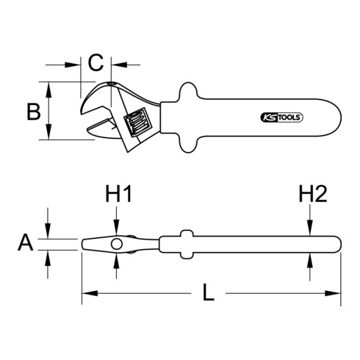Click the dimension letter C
point(96,62)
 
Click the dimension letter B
point(32,112)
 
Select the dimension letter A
point(26,243)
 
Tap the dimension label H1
point(118,195)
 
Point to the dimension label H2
point(312,195)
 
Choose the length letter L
point(209,295)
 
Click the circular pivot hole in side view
point(117,243)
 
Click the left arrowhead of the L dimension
point(85,295)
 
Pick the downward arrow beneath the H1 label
point(117,228)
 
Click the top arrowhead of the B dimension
point(49,87)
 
